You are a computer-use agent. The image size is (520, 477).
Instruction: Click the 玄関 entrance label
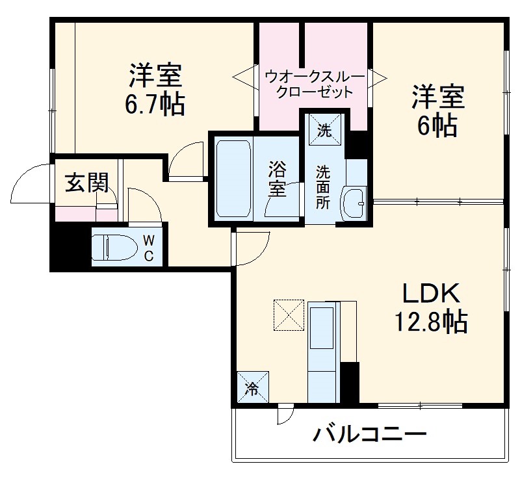point(86,184)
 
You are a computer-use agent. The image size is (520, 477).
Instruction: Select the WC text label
point(149,248)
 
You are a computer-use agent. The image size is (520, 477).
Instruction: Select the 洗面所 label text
point(323,187)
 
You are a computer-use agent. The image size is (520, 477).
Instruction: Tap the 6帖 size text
point(437,125)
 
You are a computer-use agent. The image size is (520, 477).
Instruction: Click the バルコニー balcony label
point(370,433)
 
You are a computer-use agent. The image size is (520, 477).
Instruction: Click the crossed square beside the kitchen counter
point(289,314)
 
